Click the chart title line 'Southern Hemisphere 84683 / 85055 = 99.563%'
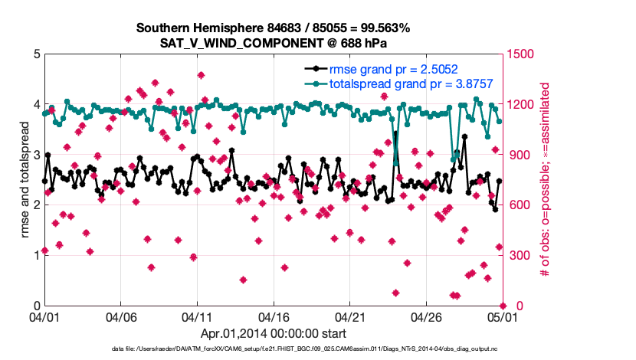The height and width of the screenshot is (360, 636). click(273, 28)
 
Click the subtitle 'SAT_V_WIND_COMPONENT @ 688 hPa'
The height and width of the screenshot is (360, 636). click(273, 43)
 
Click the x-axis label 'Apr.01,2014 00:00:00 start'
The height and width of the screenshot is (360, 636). click(273, 333)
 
